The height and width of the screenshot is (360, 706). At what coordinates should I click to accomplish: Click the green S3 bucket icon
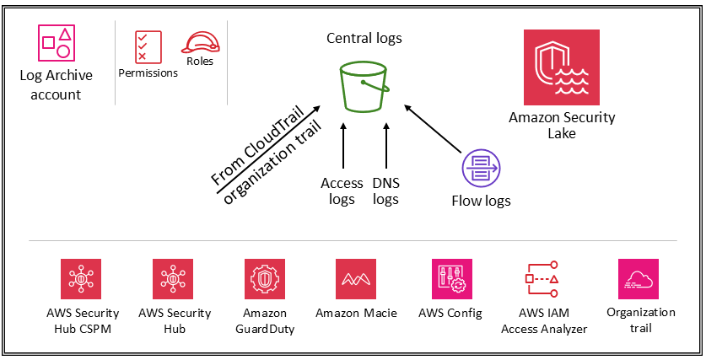tap(364, 85)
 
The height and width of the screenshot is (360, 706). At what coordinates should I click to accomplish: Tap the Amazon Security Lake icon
tap(561, 67)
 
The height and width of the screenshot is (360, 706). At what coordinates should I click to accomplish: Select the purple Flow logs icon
tap(480, 169)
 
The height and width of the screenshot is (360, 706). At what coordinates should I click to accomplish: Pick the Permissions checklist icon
tap(148, 46)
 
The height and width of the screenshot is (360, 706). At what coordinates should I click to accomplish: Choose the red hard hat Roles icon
tap(200, 42)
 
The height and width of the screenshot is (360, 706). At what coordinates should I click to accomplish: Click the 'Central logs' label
tap(364, 38)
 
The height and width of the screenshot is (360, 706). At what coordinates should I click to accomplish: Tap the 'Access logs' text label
tap(342, 191)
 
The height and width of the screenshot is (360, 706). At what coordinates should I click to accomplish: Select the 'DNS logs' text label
tap(385, 191)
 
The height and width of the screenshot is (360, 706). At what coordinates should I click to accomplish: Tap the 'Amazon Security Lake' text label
tap(562, 125)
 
